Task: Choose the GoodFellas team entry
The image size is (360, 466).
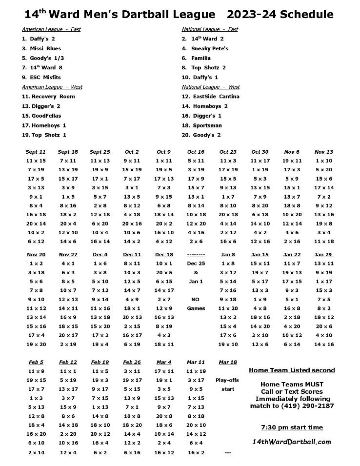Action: click(41, 116)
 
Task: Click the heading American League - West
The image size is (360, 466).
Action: click(52, 87)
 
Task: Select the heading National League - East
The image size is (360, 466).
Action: click(210, 29)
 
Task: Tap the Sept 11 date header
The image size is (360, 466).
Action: click(36, 152)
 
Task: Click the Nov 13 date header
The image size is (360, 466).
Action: click(323, 152)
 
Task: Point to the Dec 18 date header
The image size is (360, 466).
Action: click(164, 254)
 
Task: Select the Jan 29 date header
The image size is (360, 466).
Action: click(323, 254)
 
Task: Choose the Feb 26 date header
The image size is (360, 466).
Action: click(132, 362)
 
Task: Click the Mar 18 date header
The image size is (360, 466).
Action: click(228, 362)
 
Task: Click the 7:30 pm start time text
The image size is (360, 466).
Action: click(292, 427)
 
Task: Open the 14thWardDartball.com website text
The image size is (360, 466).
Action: click(292, 442)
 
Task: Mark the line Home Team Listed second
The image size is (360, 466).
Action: click(292, 370)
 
